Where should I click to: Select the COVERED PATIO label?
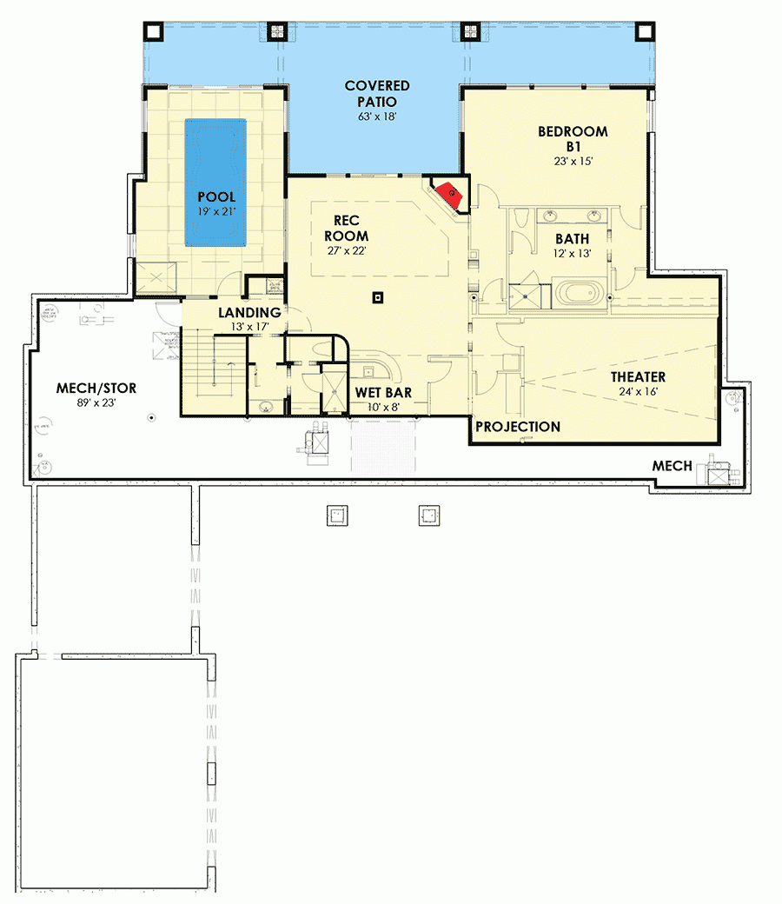[x=377, y=94]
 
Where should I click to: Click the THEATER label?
[x=638, y=377]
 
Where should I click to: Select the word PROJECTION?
[x=518, y=427]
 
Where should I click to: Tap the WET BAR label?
[x=383, y=393]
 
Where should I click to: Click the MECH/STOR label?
[x=96, y=388]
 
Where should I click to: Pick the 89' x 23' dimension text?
[x=96, y=402]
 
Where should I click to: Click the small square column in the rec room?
[x=377, y=298]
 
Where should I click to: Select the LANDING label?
[x=249, y=313]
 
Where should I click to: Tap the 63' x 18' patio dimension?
[x=377, y=116]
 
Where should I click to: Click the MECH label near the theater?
[x=673, y=467]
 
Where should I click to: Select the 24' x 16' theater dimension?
[x=638, y=392]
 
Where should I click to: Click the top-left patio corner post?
[x=154, y=31]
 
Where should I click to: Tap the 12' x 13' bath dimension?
[x=573, y=254]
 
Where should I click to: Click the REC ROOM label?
[x=347, y=229]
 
